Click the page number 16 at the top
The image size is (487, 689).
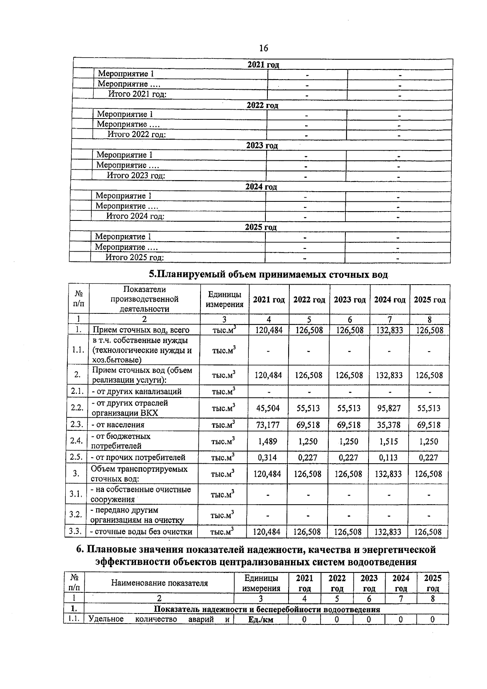pyautogui.click(x=263, y=48)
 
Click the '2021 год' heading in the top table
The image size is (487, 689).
pyautogui.click(x=263, y=65)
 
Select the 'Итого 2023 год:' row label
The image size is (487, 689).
pyautogui.click(x=136, y=176)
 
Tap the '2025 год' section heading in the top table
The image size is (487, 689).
pyautogui.click(x=261, y=227)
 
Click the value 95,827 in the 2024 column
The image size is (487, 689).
pyautogui.click(x=389, y=408)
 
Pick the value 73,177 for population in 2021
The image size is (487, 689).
pyautogui.click(x=269, y=425)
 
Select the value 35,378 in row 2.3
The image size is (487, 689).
pyautogui.click(x=389, y=425)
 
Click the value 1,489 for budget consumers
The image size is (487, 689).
pyautogui.click(x=268, y=441)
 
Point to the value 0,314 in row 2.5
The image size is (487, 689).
pyautogui.click(x=267, y=458)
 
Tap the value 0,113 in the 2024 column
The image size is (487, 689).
pyautogui.click(x=388, y=458)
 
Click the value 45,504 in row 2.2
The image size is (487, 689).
pyautogui.click(x=268, y=408)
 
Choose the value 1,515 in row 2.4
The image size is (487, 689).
pyautogui.click(x=388, y=441)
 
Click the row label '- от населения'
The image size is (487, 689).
pyautogui.click(x=118, y=425)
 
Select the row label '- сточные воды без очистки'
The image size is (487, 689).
pyautogui.click(x=141, y=531)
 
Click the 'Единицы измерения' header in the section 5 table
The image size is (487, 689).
pyautogui.click(x=224, y=300)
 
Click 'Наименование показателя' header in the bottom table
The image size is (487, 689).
pyautogui.click(x=159, y=583)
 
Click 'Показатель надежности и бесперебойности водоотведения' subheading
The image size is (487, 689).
pyautogui.click(x=267, y=609)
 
